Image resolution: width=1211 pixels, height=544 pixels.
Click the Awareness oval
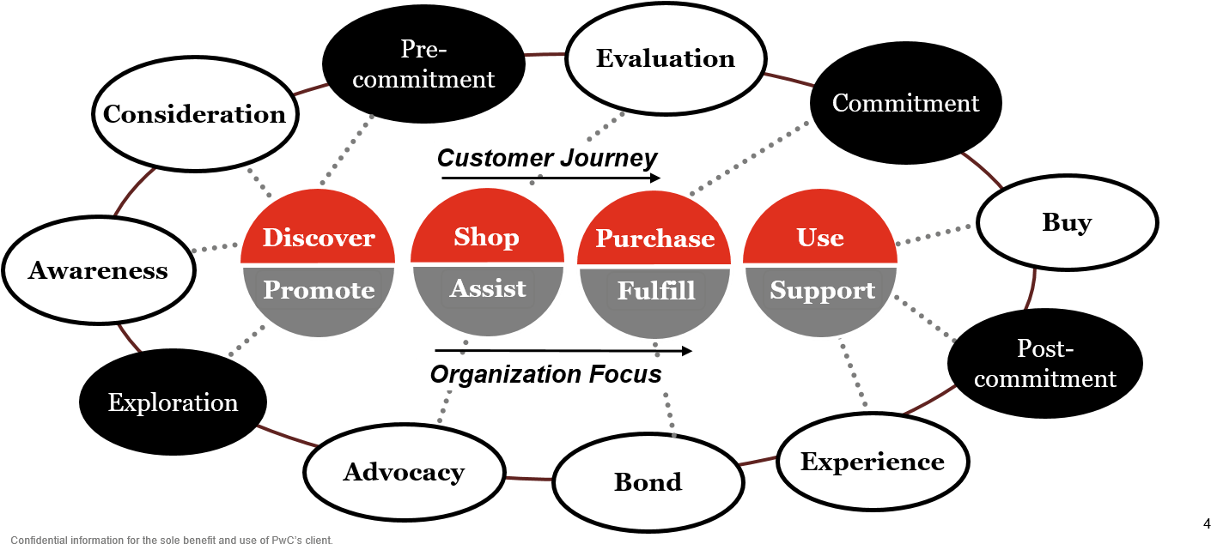[98, 271]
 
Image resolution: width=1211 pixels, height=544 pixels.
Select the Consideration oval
[195, 114]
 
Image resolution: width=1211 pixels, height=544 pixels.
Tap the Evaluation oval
[666, 58]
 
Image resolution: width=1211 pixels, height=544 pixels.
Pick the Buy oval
[1067, 223]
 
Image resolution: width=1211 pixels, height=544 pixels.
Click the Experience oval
[873, 462]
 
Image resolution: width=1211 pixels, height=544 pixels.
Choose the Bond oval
[648, 482]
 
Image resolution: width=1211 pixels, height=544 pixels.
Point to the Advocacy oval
[404, 472]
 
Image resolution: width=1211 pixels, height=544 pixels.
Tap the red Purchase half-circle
[654, 233]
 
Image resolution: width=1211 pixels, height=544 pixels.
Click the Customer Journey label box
[546, 158]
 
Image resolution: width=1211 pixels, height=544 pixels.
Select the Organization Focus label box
[545, 374]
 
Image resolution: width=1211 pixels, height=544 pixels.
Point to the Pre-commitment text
[423, 64]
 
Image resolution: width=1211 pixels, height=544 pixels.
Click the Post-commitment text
[1045, 364]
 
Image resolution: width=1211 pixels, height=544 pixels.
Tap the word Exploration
[173, 402]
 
